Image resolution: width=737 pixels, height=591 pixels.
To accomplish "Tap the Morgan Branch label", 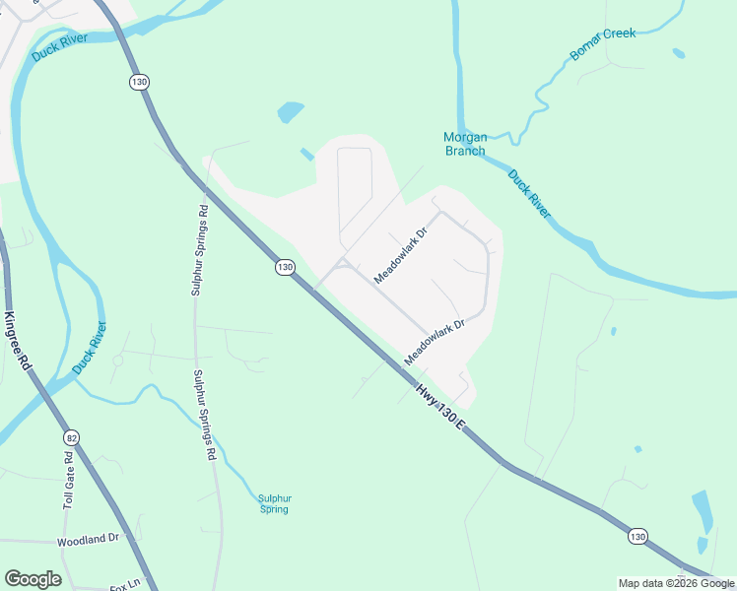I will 464,144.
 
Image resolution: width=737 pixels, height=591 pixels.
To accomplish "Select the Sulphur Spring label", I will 274,503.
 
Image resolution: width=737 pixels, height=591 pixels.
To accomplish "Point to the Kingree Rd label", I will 17,341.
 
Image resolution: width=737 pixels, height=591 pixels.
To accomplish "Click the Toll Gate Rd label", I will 69,480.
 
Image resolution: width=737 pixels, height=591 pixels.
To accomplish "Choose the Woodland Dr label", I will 88,539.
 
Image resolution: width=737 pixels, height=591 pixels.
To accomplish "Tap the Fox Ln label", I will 126,585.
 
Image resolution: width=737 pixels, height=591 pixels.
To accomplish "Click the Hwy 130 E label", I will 438,403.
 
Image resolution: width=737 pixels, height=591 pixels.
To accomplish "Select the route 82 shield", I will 70,436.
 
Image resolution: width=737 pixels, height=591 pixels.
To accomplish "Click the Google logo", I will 33,579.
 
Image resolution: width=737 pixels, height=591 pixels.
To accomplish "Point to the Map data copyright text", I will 677,583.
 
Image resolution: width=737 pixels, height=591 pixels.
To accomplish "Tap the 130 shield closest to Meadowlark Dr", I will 285,267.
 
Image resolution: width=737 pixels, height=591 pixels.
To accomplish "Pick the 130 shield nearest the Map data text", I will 637,537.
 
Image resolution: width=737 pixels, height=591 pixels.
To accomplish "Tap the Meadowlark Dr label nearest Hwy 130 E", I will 435,337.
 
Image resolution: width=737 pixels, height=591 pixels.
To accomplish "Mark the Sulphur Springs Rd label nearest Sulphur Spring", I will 205,416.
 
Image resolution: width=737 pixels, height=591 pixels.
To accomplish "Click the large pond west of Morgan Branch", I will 291,112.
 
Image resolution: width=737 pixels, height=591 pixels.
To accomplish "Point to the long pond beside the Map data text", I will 702,509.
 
